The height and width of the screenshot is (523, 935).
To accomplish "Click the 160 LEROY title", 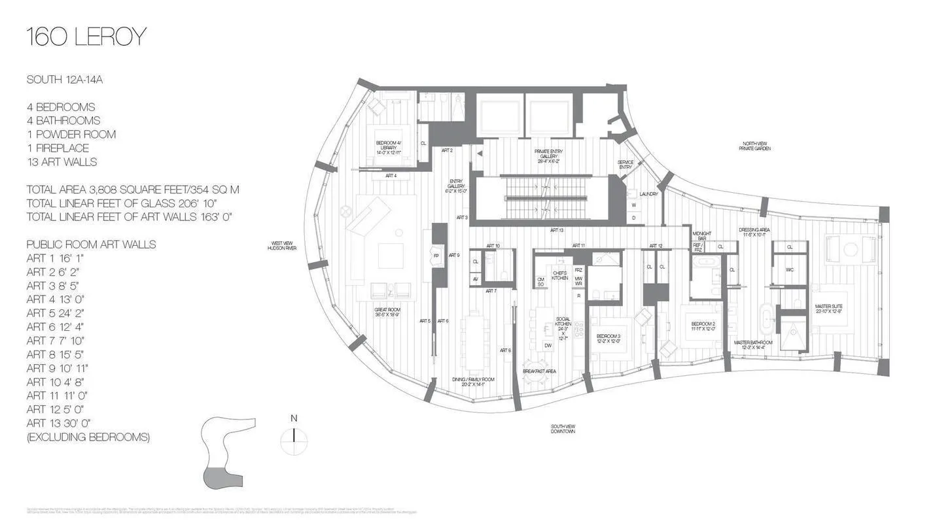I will [x=86, y=37].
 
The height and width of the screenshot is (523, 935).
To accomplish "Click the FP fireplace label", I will [x=436, y=256].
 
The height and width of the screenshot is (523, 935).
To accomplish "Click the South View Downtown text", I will [x=563, y=429].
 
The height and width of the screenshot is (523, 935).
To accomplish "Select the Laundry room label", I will [x=648, y=194].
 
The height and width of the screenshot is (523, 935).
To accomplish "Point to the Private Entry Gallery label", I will [x=548, y=156].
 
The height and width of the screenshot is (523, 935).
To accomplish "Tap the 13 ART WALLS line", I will [x=62, y=162].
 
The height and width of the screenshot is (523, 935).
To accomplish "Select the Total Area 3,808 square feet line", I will [x=133, y=190].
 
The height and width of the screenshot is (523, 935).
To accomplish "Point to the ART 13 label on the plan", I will [x=556, y=231].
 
